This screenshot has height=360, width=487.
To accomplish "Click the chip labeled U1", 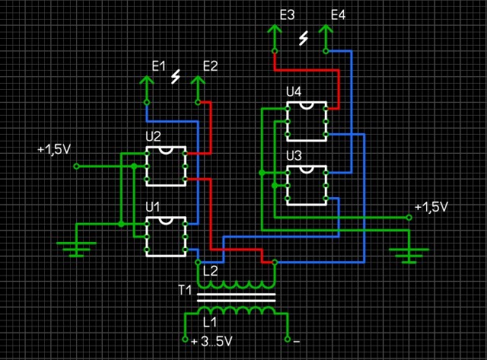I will coord(165,236).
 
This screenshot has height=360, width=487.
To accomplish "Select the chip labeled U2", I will coord(165,165).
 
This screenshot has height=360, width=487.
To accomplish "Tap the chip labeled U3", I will coord(307,185).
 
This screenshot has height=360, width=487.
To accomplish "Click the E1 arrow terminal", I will coord(147,83).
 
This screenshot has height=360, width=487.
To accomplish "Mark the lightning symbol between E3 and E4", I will coord(304,38).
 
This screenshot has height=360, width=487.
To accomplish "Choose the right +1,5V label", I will coord(431,207).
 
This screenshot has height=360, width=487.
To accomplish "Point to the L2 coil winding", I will coord(236,283).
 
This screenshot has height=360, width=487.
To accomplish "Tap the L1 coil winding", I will coord(236,312).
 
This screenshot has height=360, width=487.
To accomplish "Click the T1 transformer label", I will coord(186,290).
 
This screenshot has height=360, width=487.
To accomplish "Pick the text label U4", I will coord(294,92).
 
